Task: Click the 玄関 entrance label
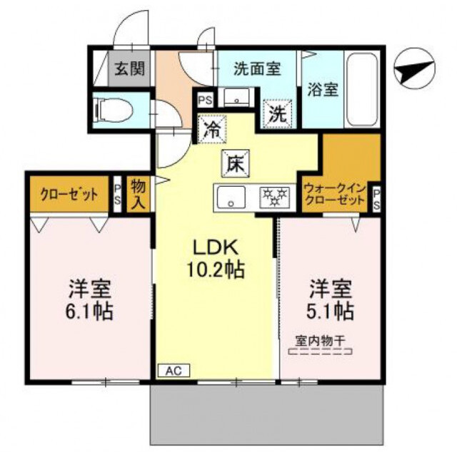coord(129,69)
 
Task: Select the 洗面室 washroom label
coord(256,69)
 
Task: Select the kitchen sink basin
coord(231,197)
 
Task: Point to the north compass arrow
coord(415,71)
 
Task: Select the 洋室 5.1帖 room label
coord(331,300)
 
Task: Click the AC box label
coord(173,371)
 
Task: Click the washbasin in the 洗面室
coord(236,98)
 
